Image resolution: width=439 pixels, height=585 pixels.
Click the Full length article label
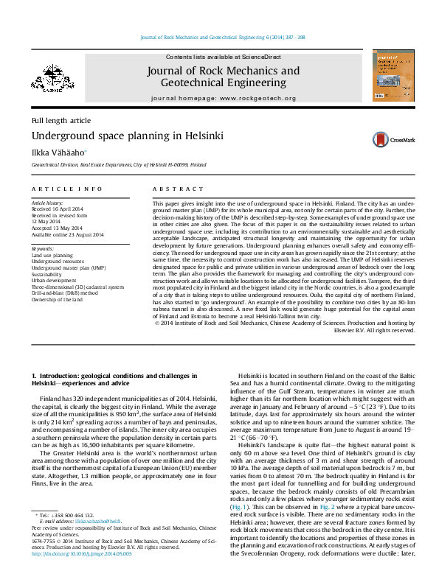(61, 119)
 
